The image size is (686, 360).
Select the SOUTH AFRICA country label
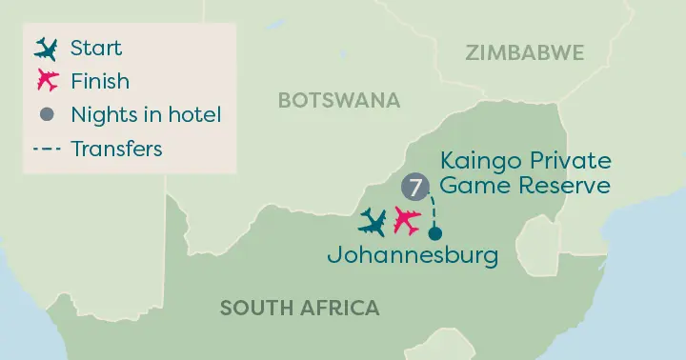pyautogui.click(x=299, y=308)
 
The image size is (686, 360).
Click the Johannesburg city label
pyautogui.click(x=412, y=256)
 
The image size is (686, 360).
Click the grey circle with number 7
pyautogui.click(x=414, y=186)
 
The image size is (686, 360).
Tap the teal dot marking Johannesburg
pyautogui.click(x=435, y=233)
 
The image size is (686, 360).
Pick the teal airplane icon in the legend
pyautogui.click(x=45, y=48)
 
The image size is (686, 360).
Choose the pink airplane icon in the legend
pyautogui.click(x=45, y=81)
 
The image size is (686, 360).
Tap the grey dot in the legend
pyautogui.click(x=45, y=115)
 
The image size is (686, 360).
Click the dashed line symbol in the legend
pyautogui.click(x=45, y=149)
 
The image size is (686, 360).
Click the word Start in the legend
pyautogui.click(x=96, y=48)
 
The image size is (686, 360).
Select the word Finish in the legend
pyautogui.click(x=100, y=81)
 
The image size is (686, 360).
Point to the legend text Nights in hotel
pyautogui.click(x=146, y=115)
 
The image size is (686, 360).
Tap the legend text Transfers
pyautogui.click(x=116, y=149)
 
